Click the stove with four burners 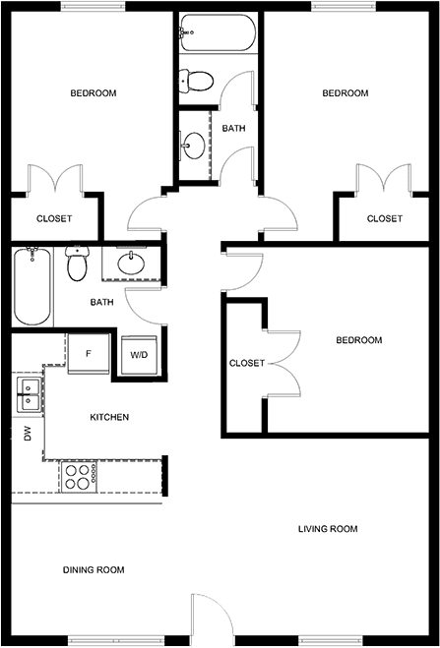[80, 477]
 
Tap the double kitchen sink [29, 394]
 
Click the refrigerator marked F [89, 354]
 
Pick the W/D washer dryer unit [140, 355]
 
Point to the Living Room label [328, 529]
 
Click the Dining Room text [94, 570]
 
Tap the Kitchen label [109, 417]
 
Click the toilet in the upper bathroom [197, 81]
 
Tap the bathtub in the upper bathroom [218, 33]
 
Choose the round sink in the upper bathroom [194, 146]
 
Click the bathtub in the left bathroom [32, 286]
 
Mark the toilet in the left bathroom [77, 264]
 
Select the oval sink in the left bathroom [131, 263]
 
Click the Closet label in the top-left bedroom [54, 218]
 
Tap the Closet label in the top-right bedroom [385, 218]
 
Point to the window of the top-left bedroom [93, 6]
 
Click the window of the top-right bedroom [344, 6]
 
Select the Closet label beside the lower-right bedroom [247, 363]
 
